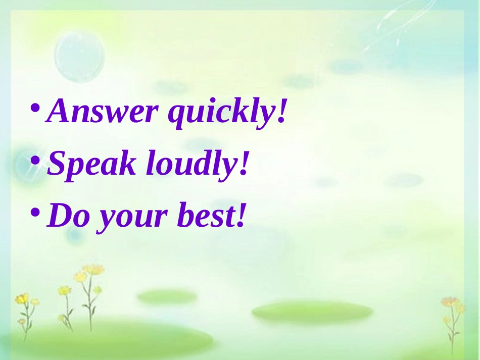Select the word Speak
point(91,165)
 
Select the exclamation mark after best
point(240,216)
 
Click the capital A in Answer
point(59,112)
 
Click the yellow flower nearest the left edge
point(22,299)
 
